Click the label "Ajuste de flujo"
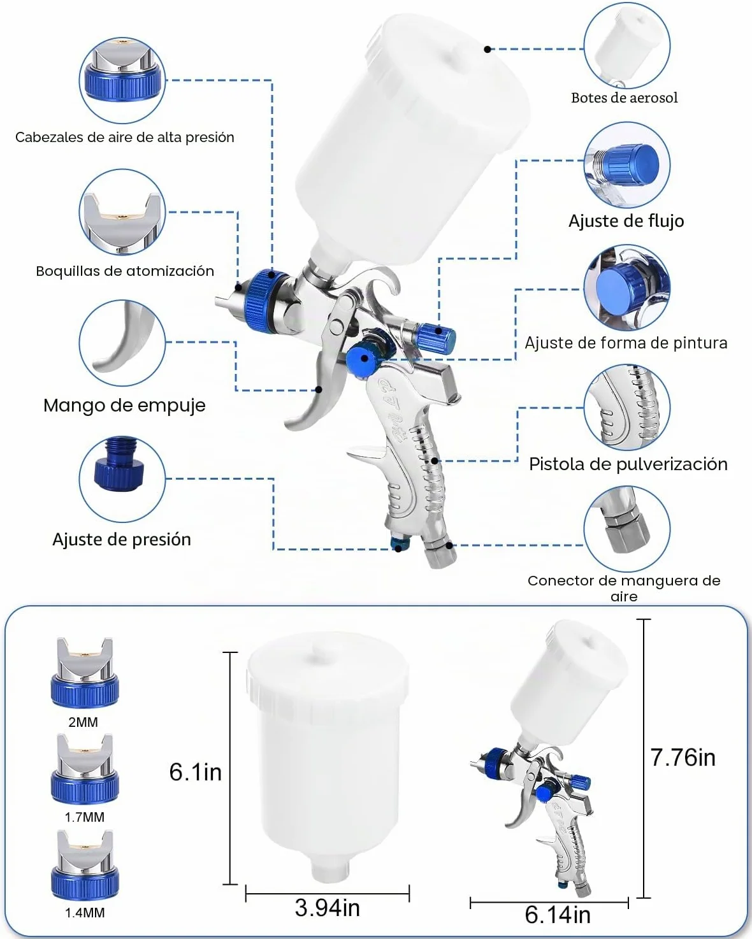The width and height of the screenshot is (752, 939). pos(626,221)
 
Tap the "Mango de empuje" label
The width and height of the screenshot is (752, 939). pos(124,405)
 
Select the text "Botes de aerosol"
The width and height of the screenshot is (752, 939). pos(625,97)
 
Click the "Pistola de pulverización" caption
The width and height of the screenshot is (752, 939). pos(628,464)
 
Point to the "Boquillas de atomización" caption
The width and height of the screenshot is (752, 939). pos(125,271)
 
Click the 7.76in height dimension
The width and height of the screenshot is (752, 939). pos(683,757)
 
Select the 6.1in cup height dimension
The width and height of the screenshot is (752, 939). pos(195,772)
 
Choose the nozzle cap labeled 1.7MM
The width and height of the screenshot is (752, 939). pos(85,770)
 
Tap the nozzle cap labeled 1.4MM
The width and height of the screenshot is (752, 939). pos(85,865)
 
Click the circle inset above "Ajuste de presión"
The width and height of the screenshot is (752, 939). pos(122,478)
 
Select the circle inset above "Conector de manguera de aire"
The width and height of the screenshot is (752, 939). pos(626,529)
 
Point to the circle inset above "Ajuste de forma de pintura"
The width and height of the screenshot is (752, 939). pos(626,288)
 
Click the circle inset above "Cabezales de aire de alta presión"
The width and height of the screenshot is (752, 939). pos(122,80)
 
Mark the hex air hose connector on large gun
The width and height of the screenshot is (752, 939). pos(441,553)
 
